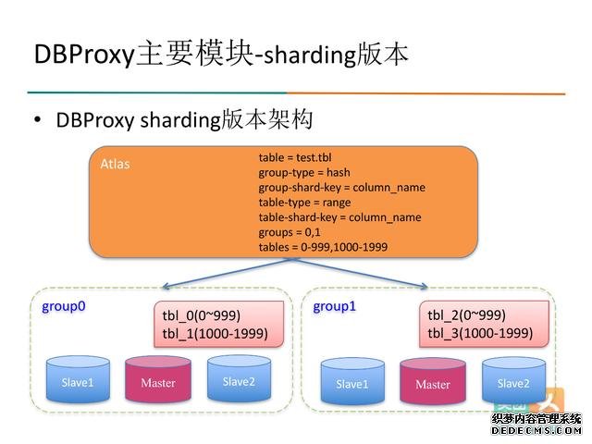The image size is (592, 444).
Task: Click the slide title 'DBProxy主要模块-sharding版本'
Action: tap(220, 53)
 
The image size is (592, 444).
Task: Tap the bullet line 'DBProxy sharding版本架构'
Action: tap(184, 120)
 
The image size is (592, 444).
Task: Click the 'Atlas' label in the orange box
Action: tap(115, 165)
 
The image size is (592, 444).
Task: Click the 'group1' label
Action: tap(334, 305)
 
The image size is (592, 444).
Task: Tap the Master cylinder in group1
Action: tap(432, 383)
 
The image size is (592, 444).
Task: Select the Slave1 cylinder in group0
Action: tap(77, 381)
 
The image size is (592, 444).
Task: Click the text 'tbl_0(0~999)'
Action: tap(201, 314)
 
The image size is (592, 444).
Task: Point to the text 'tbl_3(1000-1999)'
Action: tap(480, 333)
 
